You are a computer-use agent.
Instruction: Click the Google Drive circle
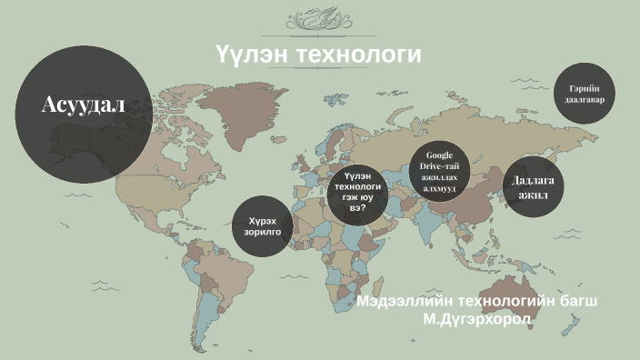(x=440, y=171)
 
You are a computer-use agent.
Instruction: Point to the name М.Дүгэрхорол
(x=476, y=319)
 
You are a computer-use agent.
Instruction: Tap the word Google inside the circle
(x=440, y=155)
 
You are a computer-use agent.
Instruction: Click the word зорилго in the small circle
(x=263, y=232)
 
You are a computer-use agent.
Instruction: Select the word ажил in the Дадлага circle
(x=534, y=195)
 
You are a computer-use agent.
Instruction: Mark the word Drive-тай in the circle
(x=440, y=166)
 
